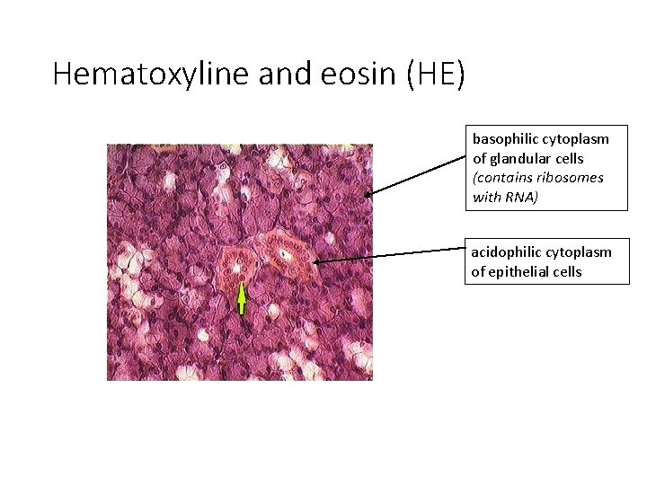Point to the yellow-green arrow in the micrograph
[241, 297]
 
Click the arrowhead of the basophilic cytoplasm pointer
[368, 193]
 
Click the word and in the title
[281, 74]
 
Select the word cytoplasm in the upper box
[576, 139]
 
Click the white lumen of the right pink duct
[285, 255]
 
